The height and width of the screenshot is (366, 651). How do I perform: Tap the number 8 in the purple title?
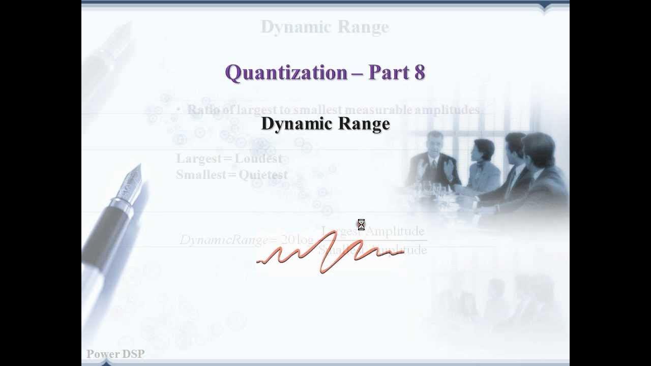click(420, 72)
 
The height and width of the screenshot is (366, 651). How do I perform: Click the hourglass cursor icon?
click(361, 225)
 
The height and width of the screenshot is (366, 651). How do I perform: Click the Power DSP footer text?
click(115, 354)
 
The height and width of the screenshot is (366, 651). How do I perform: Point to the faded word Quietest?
click(263, 175)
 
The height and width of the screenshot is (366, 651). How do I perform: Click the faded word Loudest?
click(258, 159)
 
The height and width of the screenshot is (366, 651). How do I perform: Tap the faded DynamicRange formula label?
click(224, 240)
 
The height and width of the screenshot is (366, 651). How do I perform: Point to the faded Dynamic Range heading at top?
click(324, 27)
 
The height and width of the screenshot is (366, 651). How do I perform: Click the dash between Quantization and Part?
click(357, 73)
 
